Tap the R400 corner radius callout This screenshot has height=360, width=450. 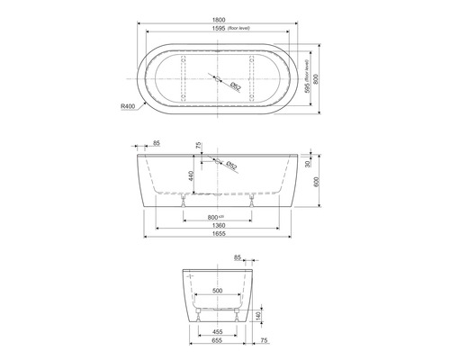pyautogui.click(x=128, y=105)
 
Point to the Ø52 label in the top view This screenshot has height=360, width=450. pyautogui.click(x=233, y=86)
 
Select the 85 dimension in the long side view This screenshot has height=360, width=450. pyautogui.click(x=157, y=143)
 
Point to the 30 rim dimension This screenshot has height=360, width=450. pyautogui.click(x=309, y=164)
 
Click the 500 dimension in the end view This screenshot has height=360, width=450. pyautogui.click(x=219, y=292)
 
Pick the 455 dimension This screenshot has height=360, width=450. pyautogui.click(x=219, y=332)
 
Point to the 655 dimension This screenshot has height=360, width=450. pyautogui.click(x=219, y=341)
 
